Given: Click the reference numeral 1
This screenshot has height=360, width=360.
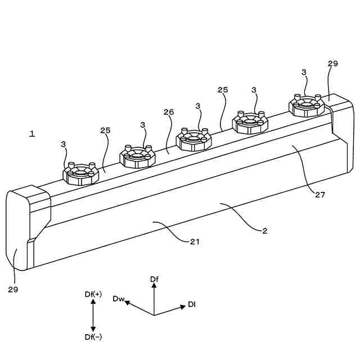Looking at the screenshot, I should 32,134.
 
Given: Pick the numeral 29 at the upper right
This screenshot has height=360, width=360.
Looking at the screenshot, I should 332,64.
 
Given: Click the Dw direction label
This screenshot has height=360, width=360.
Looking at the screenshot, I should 118,298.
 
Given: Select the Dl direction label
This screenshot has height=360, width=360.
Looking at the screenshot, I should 192,304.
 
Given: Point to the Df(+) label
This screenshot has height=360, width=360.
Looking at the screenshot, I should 93,294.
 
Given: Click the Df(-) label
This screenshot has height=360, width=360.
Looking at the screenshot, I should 93,337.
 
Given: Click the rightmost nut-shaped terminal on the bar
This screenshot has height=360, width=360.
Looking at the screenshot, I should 307,105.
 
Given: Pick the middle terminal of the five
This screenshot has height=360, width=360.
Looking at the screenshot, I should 193,139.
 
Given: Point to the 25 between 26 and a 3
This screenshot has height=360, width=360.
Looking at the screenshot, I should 223,90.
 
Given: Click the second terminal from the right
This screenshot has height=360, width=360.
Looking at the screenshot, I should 250,121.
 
